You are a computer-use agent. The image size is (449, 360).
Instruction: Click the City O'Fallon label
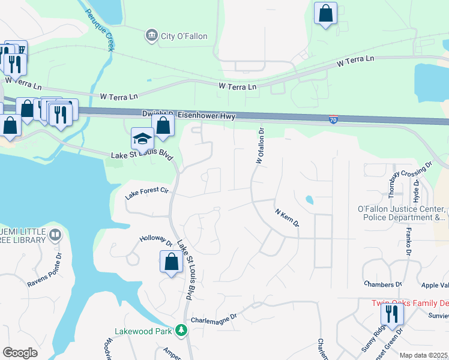tap(184, 37)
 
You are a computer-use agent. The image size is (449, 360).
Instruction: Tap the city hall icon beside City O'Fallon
tap(151, 36)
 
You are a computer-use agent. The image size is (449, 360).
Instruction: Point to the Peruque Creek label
tap(100, 29)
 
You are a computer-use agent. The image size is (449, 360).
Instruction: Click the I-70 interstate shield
tap(333, 120)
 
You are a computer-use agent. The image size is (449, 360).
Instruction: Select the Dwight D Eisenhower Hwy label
tap(188, 115)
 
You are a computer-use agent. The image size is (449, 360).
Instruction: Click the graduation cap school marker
tap(142, 139)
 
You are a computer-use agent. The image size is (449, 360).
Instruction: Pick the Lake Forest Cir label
tap(148, 193)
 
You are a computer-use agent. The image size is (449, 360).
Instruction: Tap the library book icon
tap(55, 234)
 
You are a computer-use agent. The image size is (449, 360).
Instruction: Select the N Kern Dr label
tap(286, 218)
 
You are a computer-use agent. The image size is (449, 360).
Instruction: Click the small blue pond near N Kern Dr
tap(309, 199)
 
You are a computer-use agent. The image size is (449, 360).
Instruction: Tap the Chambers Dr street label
tap(382, 283)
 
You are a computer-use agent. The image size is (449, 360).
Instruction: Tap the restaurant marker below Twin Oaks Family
tap(391, 314)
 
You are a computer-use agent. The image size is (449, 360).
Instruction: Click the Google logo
tap(19, 352)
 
